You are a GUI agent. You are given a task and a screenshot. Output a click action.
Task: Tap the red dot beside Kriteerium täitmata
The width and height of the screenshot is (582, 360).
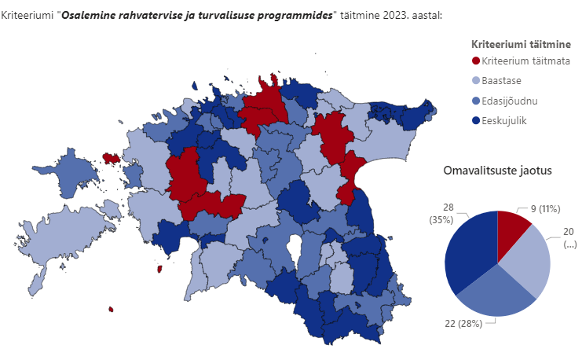pyautogui.click(x=475, y=61)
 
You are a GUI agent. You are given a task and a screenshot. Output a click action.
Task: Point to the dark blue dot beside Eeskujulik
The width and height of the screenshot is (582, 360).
pyautogui.click(x=475, y=120)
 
